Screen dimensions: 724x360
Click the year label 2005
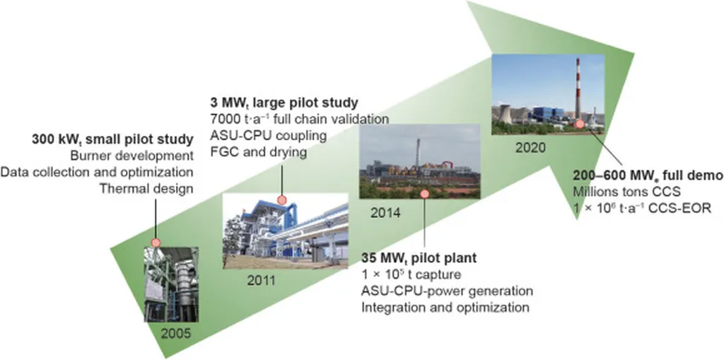[175, 333]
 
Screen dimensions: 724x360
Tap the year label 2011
[260, 281]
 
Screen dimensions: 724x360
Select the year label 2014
[386, 214]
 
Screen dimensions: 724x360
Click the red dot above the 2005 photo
[156, 243]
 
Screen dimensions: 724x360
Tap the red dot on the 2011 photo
[281, 199]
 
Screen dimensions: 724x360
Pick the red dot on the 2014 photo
[424, 194]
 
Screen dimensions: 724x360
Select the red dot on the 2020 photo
[579, 124]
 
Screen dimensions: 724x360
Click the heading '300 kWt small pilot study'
[112, 139]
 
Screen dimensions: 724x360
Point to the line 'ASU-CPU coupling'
[268, 136]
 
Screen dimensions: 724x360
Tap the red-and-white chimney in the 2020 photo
[578, 88]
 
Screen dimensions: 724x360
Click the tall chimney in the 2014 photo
[417, 153]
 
